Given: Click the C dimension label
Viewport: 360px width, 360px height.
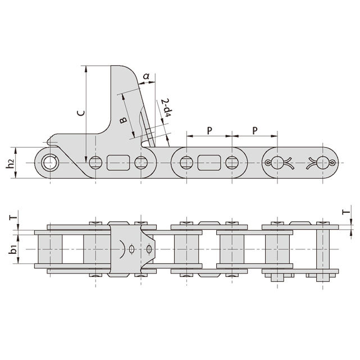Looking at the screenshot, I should (80, 112).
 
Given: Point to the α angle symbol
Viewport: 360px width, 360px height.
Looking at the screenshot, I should (146, 76).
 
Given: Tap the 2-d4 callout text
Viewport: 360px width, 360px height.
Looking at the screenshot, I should (165, 110).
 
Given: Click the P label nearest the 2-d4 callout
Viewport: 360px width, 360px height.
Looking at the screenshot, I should (209, 130).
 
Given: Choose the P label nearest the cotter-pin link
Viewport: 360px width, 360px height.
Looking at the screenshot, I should (255, 130).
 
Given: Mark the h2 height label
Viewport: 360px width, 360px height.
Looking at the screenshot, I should (10, 163).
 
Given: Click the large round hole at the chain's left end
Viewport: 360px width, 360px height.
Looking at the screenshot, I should (50, 163).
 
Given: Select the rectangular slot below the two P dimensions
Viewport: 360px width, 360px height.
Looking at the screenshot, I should (209, 163).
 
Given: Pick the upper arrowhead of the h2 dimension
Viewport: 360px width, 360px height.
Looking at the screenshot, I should (17, 150).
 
